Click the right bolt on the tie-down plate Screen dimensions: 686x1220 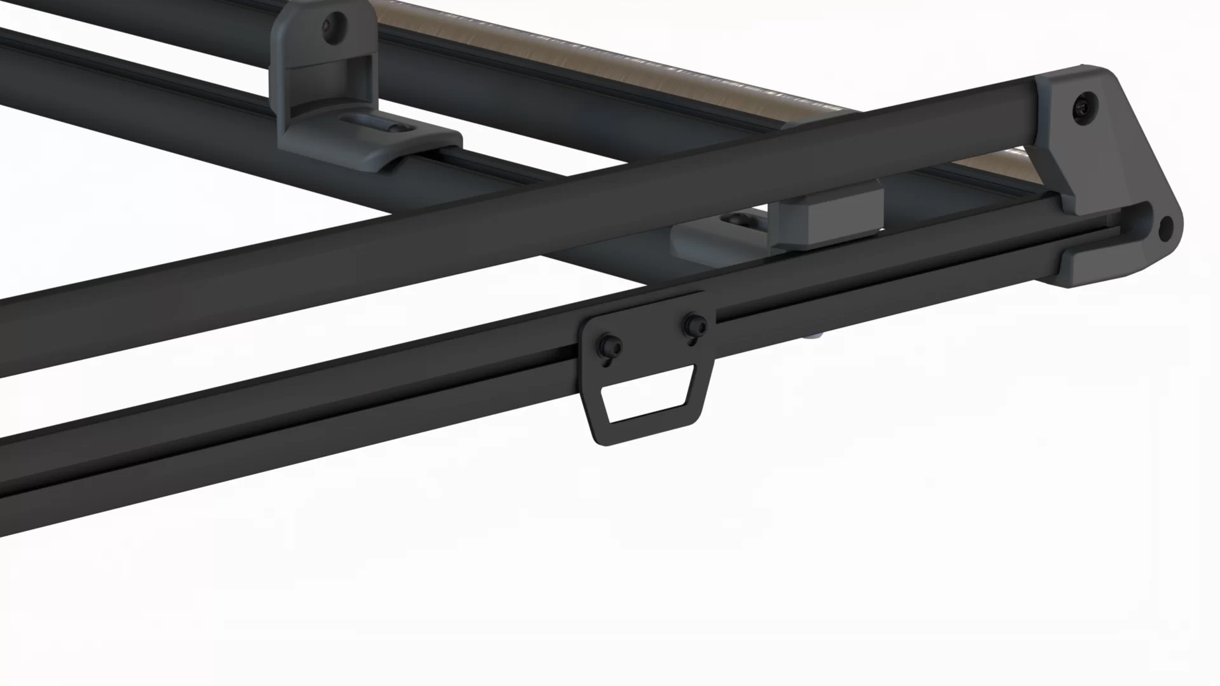694,326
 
